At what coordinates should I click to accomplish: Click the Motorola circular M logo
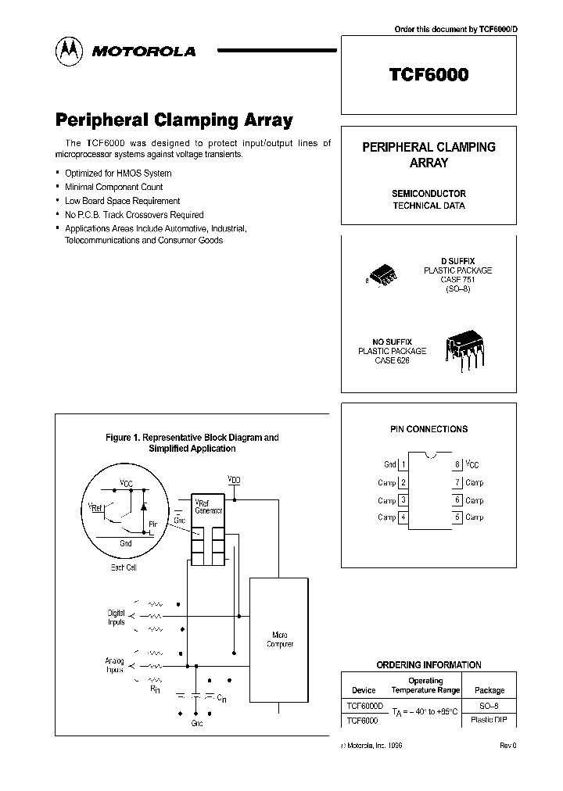tap(67, 51)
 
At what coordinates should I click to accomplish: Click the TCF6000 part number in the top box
tap(429, 75)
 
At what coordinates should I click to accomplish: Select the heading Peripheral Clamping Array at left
tap(174, 120)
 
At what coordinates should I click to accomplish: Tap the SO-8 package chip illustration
tap(383, 275)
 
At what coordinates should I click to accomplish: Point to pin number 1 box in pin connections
tap(403, 464)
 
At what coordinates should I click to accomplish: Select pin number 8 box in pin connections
tap(457, 464)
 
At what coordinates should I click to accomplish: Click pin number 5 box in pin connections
tap(457, 517)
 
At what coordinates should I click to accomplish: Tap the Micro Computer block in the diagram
tap(280, 639)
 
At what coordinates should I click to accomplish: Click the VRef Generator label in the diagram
tap(208, 505)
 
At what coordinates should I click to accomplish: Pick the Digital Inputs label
tap(116, 617)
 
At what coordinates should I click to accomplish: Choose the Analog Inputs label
tap(114, 665)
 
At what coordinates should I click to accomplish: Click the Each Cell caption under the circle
tap(124, 567)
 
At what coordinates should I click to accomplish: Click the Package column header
tap(489, 690)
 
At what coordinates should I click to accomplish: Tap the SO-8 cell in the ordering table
tap(489, 705)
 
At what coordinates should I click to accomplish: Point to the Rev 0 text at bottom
tap(507, 746)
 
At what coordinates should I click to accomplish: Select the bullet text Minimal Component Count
tap(113, 187)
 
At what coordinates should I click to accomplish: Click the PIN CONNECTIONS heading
tap(429, 429)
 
